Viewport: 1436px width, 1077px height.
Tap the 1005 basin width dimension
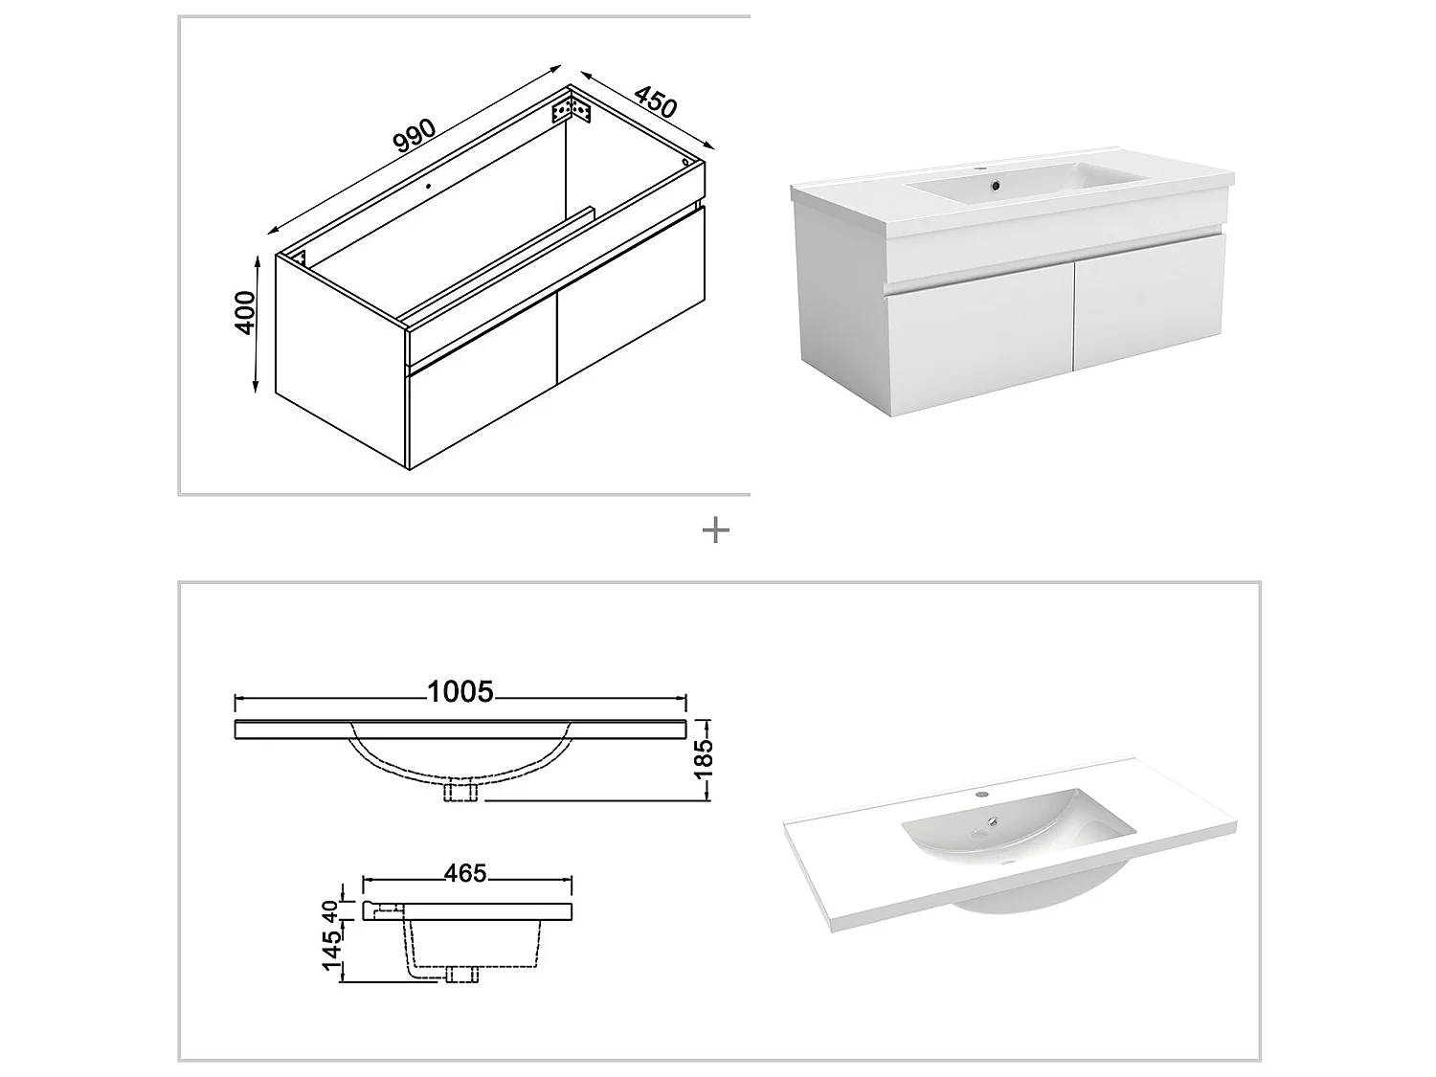460,691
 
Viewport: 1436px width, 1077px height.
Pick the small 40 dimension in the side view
330,910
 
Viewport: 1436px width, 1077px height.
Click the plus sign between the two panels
715,530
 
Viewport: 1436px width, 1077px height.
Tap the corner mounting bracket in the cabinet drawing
572,108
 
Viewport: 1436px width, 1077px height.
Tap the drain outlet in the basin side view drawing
462,975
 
